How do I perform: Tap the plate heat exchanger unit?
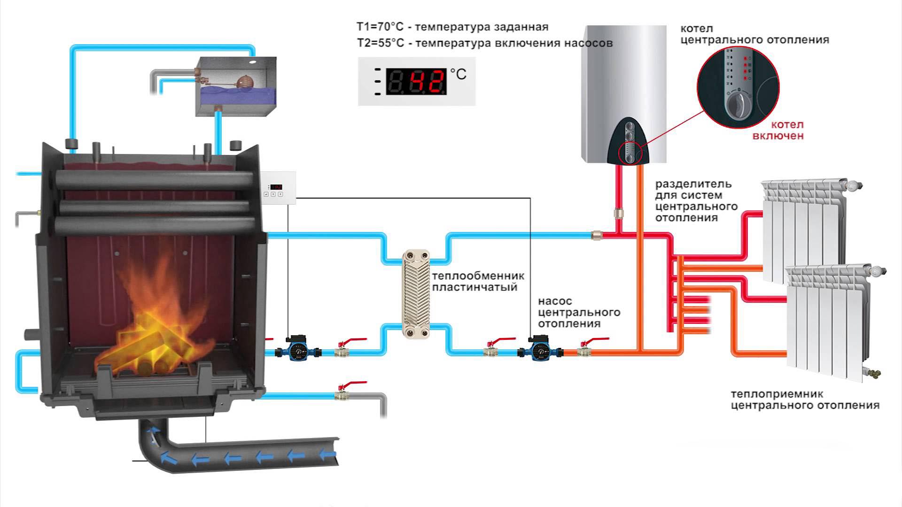[x=416, y=294]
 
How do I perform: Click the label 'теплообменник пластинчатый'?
[x=478, y=282]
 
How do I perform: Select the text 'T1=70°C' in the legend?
[x=380, y=27]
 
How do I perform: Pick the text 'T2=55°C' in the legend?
[x=380, y=43]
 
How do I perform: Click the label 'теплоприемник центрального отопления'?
[x=805, y=400]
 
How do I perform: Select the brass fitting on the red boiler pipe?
[x=619, y=214]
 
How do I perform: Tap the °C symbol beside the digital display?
[x=458, y=74]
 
